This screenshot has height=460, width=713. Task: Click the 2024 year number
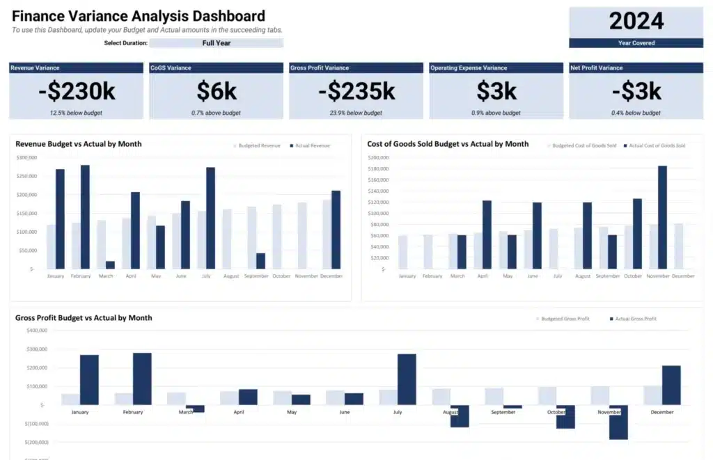point(636,21)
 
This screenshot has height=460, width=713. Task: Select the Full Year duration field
point(217,43)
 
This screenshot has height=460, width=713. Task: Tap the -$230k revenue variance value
point(76,91)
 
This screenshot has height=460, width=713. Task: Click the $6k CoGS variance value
point(217,91)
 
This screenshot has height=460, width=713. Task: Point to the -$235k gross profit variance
point(356,91)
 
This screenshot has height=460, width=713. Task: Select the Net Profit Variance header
point(597,68)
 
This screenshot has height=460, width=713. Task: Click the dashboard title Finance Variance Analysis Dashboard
point(139,16)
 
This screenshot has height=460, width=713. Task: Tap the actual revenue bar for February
point(85,216)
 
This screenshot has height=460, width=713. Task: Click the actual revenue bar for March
point(110,264)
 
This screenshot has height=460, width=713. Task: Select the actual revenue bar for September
point(260,260)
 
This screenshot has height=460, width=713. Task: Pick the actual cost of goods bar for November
point(662,217)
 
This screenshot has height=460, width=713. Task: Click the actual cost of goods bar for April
point(487,235)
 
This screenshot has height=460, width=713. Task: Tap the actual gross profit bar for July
point(407,379)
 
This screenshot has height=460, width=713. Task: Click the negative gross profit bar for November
point(618,422)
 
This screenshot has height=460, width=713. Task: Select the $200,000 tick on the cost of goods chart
point(379,158)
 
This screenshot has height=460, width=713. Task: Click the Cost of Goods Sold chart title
point(448,144)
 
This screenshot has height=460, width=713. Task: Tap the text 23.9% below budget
point(356,113)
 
